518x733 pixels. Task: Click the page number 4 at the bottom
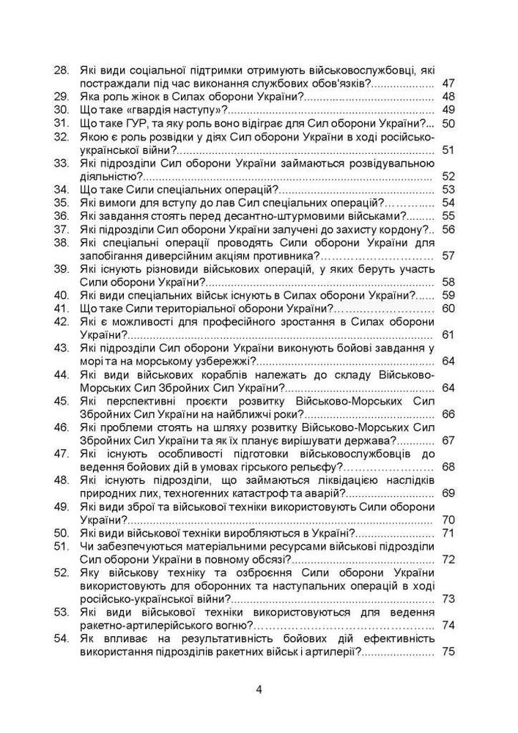point(259,689)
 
